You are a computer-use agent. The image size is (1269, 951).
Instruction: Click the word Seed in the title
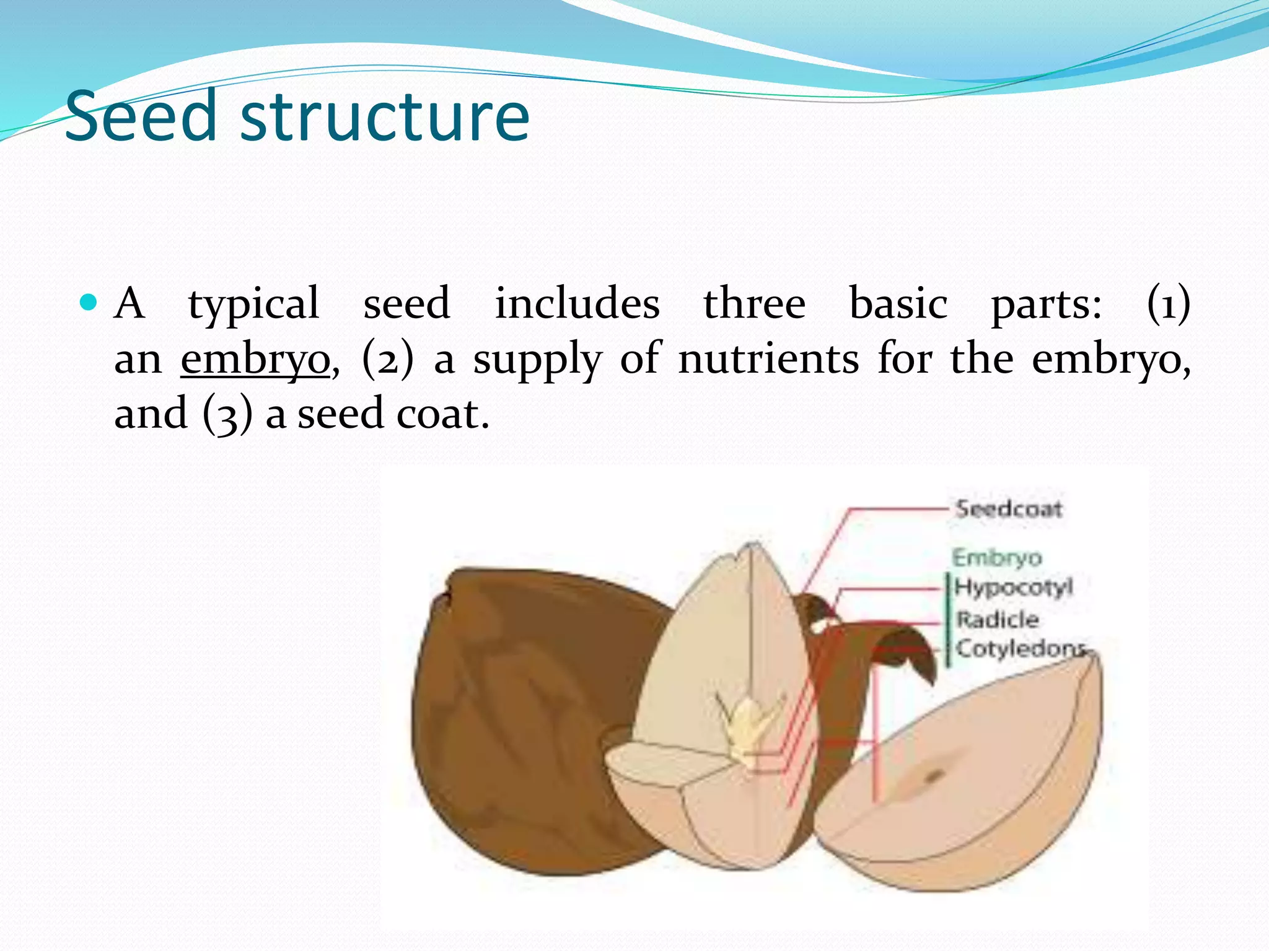click(141, 116)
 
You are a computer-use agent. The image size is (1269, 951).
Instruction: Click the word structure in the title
click(385, 116)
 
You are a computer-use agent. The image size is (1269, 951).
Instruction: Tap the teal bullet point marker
click(89, 303)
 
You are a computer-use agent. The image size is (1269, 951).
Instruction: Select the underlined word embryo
click(255, 359)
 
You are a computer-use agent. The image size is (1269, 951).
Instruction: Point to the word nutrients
click(768, 359)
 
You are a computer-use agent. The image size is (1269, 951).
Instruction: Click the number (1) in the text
click(1168, 304)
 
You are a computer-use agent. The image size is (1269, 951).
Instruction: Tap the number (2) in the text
click(387, 359)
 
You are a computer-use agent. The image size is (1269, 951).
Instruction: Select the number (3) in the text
click(227, 414)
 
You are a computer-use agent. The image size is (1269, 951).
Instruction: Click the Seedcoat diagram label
click(1009, 509)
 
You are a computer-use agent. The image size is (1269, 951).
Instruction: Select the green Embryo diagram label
click(996, 558)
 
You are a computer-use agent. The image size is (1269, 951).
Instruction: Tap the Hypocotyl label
click(1013, 586)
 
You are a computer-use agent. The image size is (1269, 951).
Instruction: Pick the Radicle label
click(997, 619)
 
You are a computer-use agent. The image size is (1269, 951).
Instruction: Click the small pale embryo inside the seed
click(747, 724)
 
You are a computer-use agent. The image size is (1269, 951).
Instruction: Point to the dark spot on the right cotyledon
click(933, 775)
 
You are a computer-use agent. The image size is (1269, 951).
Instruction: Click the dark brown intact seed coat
click(514, 712)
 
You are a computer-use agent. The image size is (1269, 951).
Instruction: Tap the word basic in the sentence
click(898, 304)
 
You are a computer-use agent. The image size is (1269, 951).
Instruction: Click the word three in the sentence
click(754, 304)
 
